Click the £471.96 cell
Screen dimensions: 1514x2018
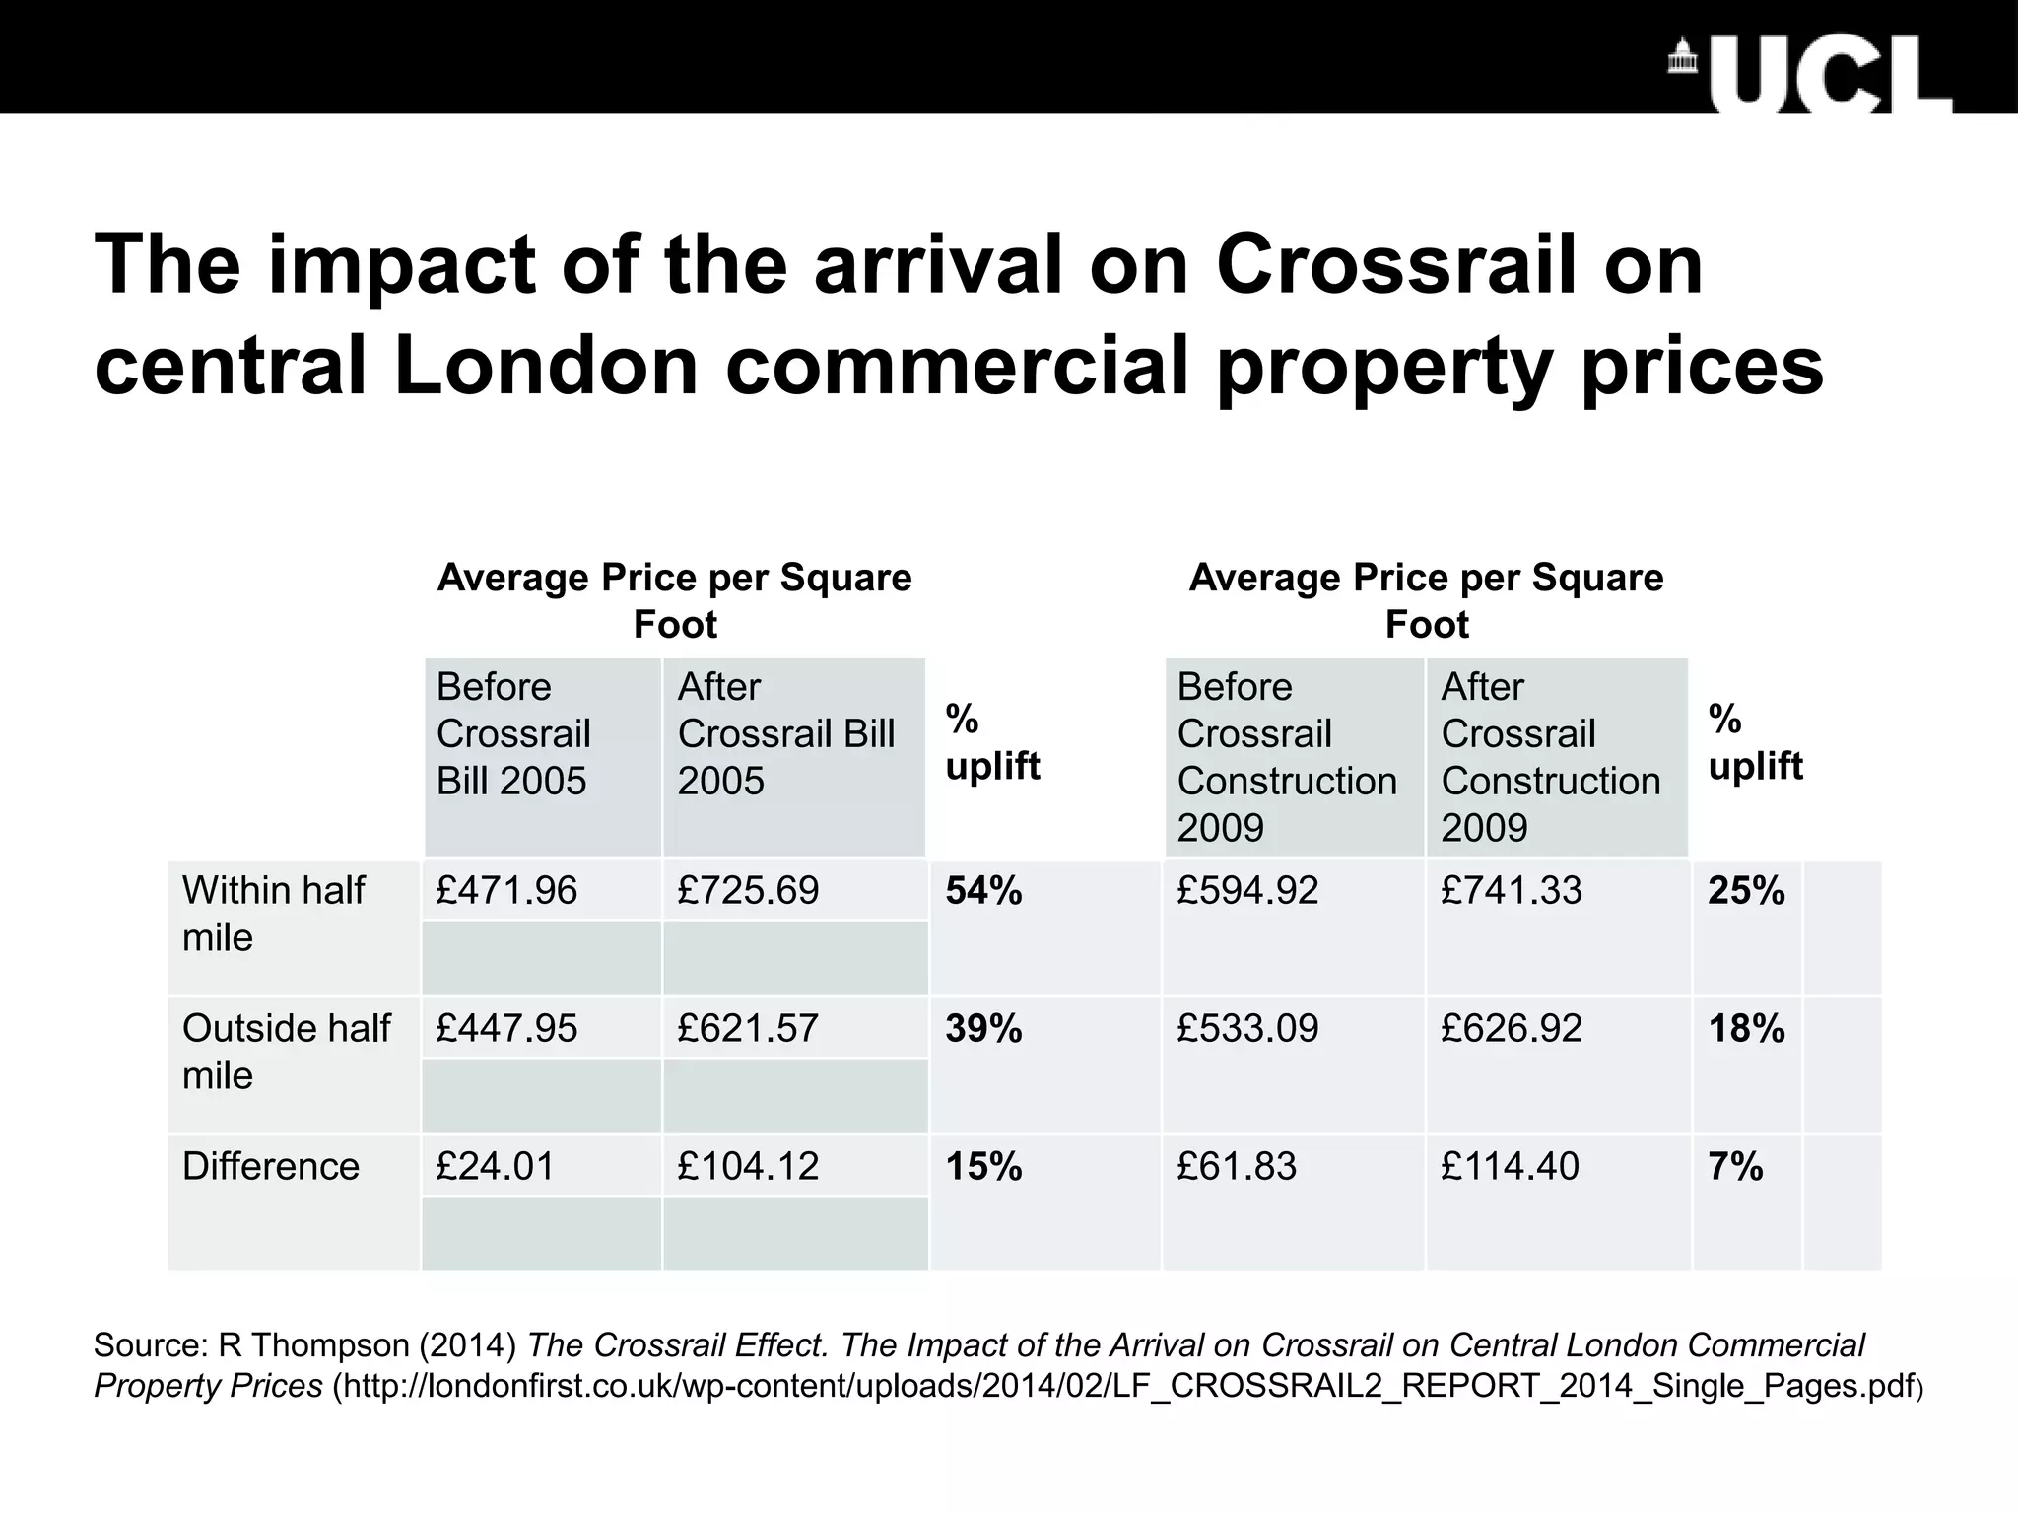506,891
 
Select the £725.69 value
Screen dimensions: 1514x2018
748,891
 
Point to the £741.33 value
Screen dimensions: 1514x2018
1511,891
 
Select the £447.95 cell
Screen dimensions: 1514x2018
506,1029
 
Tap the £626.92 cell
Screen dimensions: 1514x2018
1511,1029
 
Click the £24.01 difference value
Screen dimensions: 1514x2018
495,1167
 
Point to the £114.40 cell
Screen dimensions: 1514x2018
1510,1167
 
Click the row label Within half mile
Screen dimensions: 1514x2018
273,914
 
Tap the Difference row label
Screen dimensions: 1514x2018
271,1167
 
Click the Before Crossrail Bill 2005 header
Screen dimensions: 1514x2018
512,734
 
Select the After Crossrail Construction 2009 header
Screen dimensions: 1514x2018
1550,757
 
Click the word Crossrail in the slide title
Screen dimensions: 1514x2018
1459,266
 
